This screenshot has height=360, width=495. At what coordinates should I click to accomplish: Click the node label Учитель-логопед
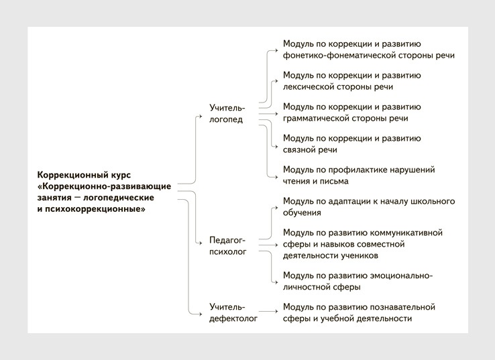pos(227,113)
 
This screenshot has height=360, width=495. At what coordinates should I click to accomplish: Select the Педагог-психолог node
pos(227,246)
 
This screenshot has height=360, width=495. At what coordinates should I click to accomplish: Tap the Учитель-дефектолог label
pos(233,312)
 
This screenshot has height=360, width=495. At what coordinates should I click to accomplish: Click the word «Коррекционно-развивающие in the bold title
pos(104,186)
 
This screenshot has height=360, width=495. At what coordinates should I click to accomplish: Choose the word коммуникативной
pos(406,233)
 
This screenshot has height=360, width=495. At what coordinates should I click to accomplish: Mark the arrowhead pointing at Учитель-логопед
pos(200,117)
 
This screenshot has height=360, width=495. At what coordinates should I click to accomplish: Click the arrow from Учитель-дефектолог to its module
pos(268,312)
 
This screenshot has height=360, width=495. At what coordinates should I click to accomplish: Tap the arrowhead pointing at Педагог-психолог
pos(200,243)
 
